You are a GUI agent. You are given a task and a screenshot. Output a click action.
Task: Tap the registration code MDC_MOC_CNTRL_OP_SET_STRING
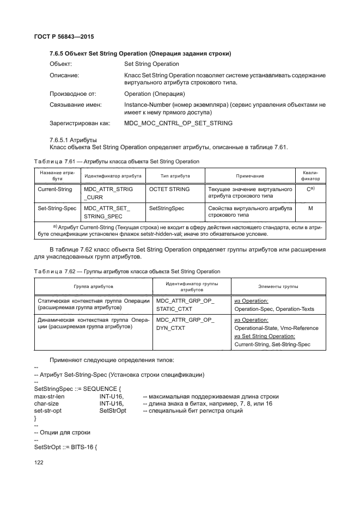pyautogui.click(x=178, y=123)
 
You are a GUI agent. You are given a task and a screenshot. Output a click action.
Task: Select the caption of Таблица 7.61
pyautogui.click(x=117, y=162)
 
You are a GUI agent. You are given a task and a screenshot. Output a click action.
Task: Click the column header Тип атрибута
pyautogui.click(x=174, y=176)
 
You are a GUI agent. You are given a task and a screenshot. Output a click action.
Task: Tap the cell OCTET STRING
pyautogui.click(x=169, y=189)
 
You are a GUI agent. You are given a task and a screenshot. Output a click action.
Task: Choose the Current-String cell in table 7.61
pyautogui.click(x=54, y=189)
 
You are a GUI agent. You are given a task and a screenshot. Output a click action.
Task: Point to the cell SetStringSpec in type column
pyautogui.click(x=167, y=208)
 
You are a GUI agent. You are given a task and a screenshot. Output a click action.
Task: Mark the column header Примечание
pyautogui.click(x=250, y=176)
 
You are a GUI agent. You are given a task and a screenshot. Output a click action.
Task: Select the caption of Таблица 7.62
pyautogui.click(x=127, y=271)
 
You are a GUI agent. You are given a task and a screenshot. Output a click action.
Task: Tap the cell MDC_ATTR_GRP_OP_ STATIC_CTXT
pyautogui.click(x=185, y=304)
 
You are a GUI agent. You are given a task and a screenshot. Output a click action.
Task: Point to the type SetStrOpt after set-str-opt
pyautogui.click(x=113, y=410)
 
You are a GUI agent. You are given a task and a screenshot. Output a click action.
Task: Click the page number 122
pyautogui.click(x=39, y=462)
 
